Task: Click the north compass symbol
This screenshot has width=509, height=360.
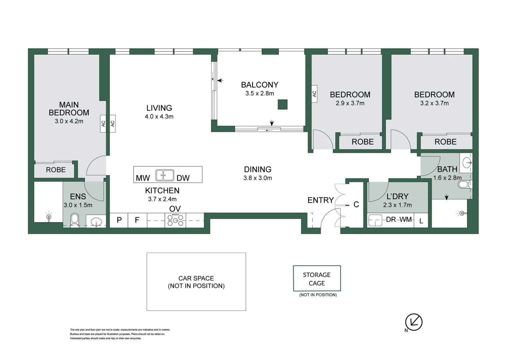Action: click(413, 322)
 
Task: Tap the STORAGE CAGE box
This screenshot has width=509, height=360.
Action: click(316, 279)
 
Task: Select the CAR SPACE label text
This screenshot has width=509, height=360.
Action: click(196, 282)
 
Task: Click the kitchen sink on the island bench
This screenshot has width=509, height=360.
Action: click(165, 175)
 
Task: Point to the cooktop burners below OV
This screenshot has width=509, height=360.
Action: click(175, 220)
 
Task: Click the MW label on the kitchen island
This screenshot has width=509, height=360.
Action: click(143, 178)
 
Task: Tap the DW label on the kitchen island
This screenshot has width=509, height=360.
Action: click(183, 178)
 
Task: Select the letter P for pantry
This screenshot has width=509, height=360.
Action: click(119, 220)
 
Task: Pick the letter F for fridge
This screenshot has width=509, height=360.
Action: click(137, 220)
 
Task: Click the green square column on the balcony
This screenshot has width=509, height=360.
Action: click(282, 104)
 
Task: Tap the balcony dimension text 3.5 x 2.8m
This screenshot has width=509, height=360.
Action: click(259, 94)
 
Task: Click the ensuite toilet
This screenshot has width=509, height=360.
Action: click(75, 220)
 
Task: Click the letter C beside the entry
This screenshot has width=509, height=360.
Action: click(356, 204)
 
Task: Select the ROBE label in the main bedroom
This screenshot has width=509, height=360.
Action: click(56, 170)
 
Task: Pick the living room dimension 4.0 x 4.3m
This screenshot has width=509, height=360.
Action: click(159, 117)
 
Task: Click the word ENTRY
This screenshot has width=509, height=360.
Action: click(320, 200)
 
